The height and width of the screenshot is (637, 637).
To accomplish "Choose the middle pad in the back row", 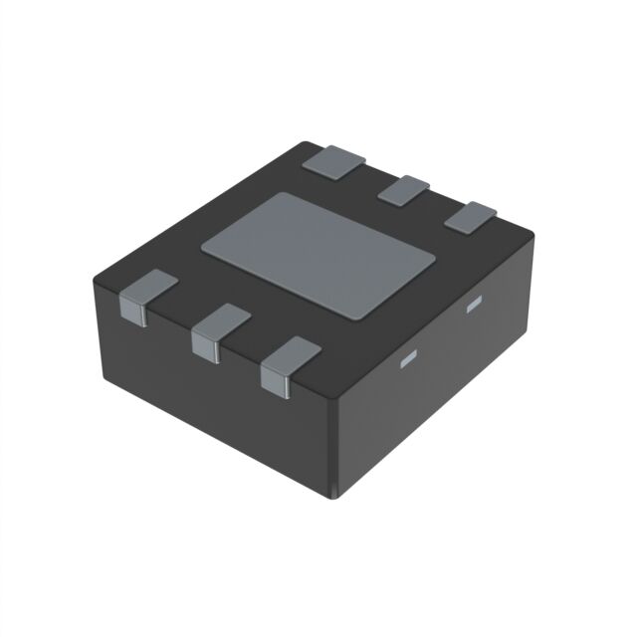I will coord(403,188).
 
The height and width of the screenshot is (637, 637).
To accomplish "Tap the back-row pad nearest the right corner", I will coord(470,217).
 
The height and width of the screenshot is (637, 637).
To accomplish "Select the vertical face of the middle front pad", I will coord(205,348).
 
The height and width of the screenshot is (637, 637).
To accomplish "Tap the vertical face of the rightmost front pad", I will coord(273,380).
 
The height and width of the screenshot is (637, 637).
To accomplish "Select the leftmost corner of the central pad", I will coord(202,244).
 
